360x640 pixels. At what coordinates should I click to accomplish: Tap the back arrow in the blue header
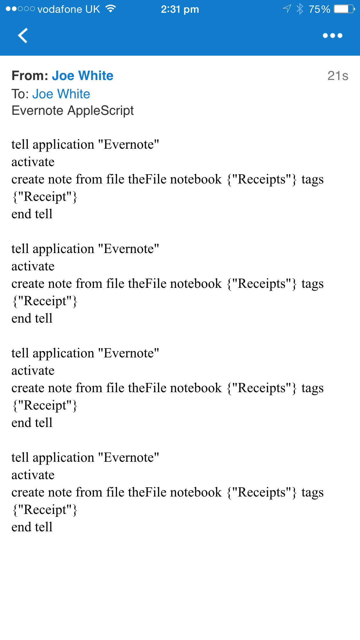tap(23, 35)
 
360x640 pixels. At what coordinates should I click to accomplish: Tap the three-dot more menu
tap(332, 35)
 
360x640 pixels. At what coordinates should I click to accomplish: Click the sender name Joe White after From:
tap(83, 76)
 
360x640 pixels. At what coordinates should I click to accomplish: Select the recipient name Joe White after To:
tap(61, 94)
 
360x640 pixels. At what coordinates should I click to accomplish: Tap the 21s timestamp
tap(338, 76)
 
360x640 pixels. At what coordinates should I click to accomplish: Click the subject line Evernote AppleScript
tap(72, 111)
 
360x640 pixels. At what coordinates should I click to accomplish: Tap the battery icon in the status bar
tap(344, 9)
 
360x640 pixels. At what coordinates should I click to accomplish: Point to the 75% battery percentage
tap(319, 9)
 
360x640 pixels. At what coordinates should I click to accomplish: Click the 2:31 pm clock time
tap(180, 10)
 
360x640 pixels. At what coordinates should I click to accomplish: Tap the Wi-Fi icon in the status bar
tap(110, 9)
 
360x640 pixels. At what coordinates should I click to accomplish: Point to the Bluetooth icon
tap(300, 9)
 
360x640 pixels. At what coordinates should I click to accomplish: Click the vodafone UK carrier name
tap(69, 9)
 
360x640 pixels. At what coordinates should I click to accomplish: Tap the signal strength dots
tap(20, 9)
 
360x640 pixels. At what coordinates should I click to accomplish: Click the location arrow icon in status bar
tap(287, 9)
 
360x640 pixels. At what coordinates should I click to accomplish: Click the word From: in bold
tap(30, 76)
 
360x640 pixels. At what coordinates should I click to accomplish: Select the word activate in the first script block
tap(33, 162)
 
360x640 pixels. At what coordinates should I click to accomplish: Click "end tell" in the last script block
tap(32, 527)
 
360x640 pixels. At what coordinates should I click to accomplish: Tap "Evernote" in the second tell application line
tap(129, 249)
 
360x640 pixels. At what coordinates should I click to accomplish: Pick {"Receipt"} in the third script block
tap(45, 406)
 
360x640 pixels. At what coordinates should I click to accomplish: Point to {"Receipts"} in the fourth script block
tap(262, 492)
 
